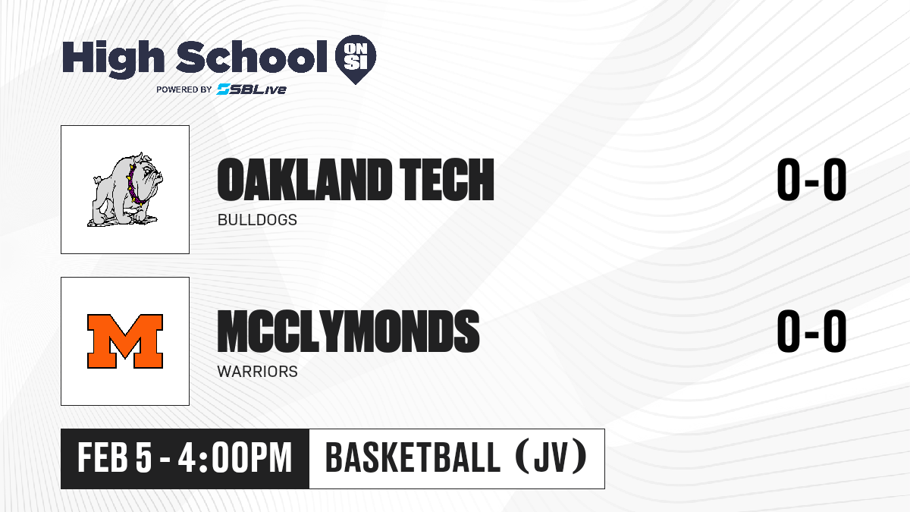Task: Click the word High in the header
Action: coord(113,58)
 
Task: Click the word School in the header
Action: coord(252,58)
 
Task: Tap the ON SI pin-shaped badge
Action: coord(356,59)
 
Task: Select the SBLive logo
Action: coord(252,89)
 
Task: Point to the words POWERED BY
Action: coord(184,90)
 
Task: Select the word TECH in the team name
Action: coord(447,179)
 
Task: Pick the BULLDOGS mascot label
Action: coord(257,220)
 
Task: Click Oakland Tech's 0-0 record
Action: coord(811,179)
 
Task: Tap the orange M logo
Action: coord(125,341)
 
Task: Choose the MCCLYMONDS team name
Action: coord(349,331)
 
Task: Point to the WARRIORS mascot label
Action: coord(258,372)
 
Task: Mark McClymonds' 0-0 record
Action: coord(811,331)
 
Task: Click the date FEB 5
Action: coord(115,457)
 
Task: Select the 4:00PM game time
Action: coord(235,457)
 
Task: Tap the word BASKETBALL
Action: coord(413,457)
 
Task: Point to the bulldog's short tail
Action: coord(97,179)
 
